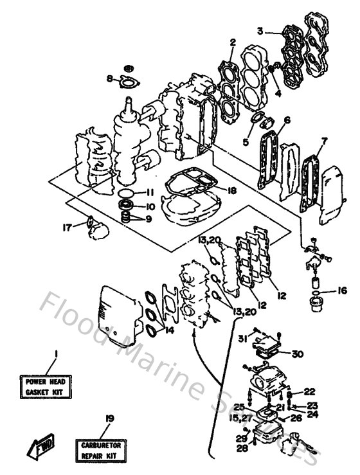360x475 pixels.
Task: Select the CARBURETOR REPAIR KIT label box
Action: pos(105,449)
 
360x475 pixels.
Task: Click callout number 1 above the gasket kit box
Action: pos(56,353)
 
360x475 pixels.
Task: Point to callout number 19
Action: pos(109,418)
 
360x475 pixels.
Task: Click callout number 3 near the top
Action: pos(260,31)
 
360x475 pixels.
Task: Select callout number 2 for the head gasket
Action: pos(232,42)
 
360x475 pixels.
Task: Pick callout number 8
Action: pos(110,79)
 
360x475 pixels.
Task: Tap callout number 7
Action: pos(324,140)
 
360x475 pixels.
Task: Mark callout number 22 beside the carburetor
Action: pos(309,391)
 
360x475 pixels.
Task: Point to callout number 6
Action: pos(287,120)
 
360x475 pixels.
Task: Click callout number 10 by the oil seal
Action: pos(148,206)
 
